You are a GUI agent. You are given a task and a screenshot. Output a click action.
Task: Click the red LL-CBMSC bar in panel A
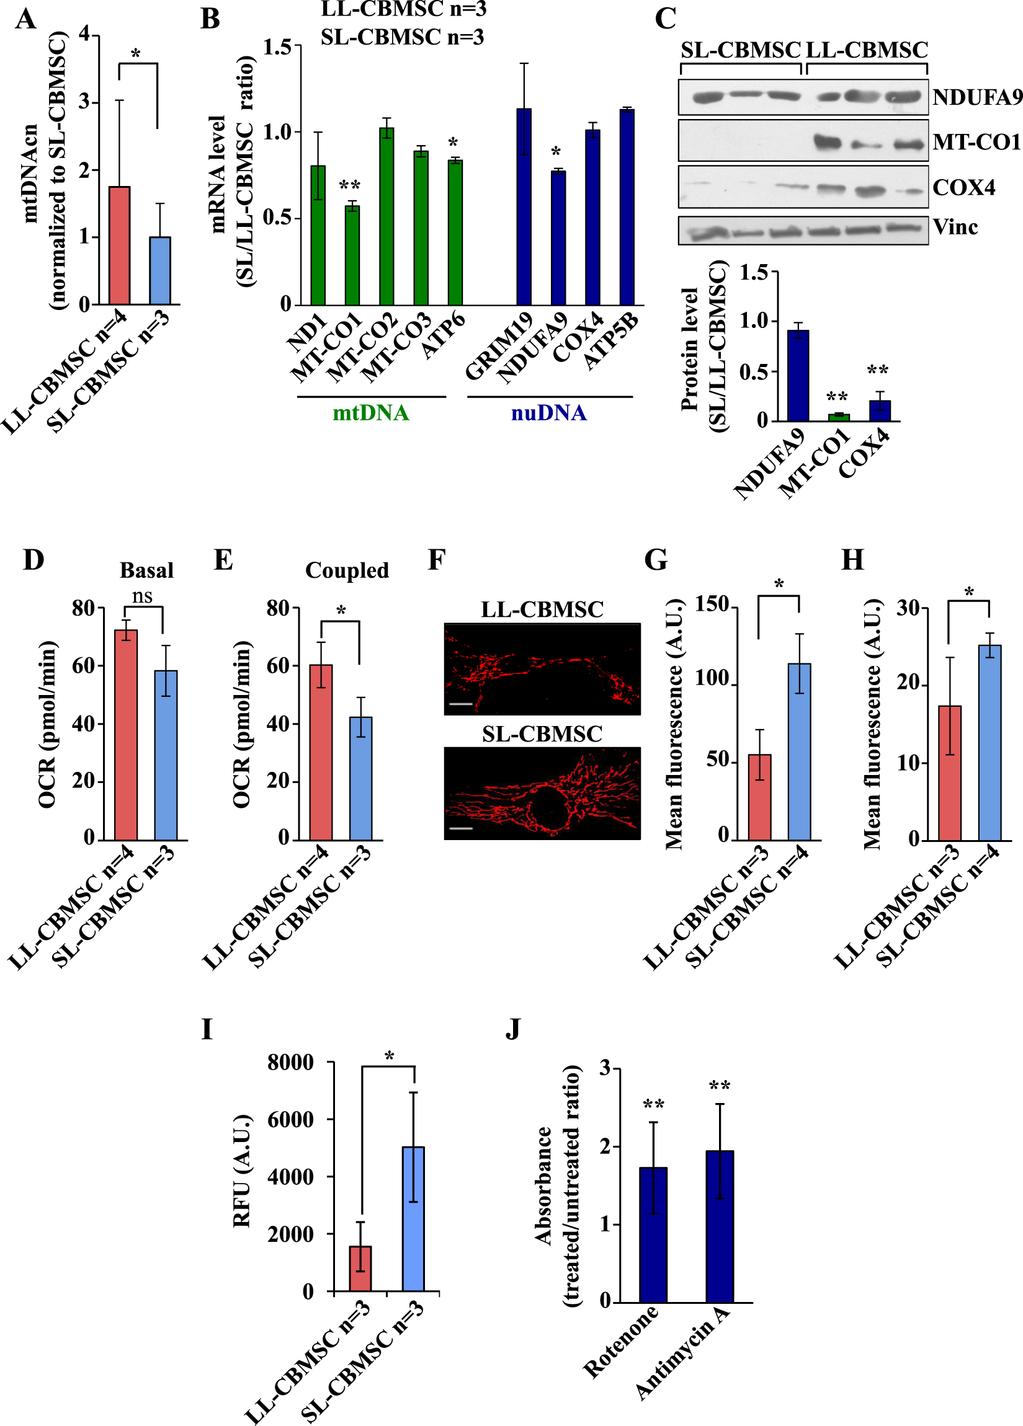tap(120, 246)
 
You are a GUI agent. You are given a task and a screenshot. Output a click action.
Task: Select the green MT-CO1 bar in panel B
tap(352, 255)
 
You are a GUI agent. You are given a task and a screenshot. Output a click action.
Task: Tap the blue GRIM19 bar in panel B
tap(524, 208)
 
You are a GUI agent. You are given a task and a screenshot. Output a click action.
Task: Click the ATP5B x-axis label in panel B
tap(610, 342)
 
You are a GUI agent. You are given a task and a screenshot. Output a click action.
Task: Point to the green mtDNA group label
tap(370, 413)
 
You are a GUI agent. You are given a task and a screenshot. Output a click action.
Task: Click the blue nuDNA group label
tap(548, 413)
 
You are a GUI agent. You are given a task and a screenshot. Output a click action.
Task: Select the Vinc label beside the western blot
tap(955, 227)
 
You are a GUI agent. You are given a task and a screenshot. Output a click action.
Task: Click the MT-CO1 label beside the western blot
tap(976, 142)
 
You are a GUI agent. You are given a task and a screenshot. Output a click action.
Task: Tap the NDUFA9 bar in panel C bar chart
tap(798, 375)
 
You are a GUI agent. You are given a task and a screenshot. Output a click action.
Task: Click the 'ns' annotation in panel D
tap(142, 595)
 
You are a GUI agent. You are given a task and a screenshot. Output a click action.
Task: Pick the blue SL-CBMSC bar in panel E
tap(360, 778)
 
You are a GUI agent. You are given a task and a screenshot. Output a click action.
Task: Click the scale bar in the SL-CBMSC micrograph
tap(461, 829)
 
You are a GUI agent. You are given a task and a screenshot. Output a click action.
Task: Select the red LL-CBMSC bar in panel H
tap(949, 773)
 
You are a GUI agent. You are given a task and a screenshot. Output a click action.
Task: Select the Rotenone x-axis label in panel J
tap(620, 1341)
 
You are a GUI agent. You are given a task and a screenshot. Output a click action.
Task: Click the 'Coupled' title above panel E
tap(347, 570)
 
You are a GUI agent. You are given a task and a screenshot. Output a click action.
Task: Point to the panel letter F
tap(437, 559)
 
